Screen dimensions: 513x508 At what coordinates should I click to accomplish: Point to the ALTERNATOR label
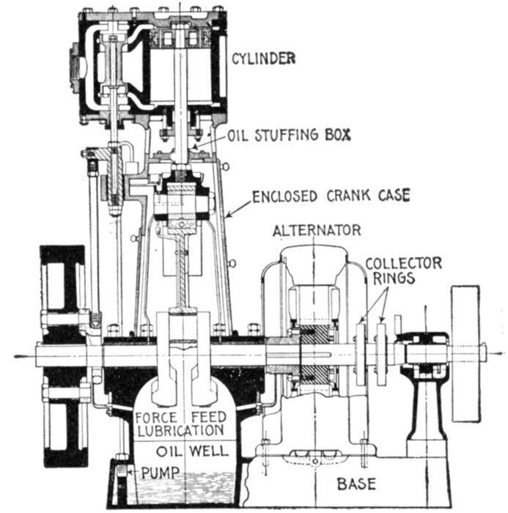pos(316,231)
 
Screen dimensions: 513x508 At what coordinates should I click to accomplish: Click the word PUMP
pos(153,470)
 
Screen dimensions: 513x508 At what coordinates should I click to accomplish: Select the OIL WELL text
pos(182,450)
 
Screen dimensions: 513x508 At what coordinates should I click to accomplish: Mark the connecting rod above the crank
pos(181,271)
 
